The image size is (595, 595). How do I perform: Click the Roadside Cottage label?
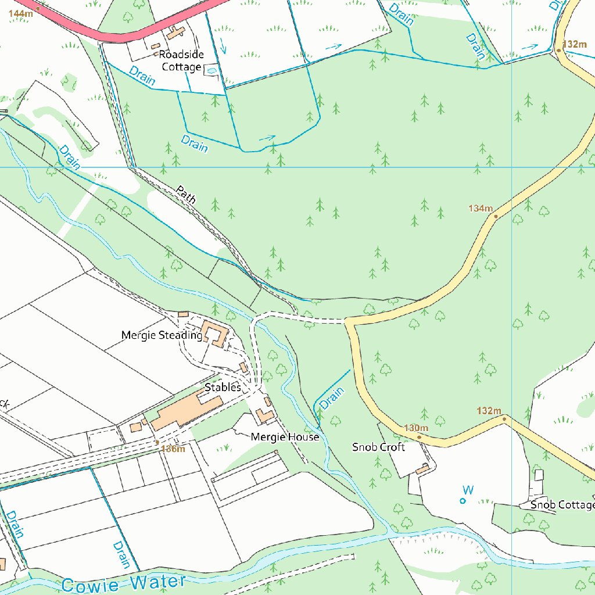pyautogui.click(x=181, y=61)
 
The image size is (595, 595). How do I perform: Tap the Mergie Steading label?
pyautogui.click(x=161, y=335)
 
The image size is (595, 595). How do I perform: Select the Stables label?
pyautogui.click(x=222, y=387)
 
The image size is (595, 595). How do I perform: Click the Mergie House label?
pyautogui.click(x=285, y=437)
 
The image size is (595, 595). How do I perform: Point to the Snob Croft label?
pyautogui.click(x=378, y=447)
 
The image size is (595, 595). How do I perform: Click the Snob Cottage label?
pyautogui.click(x=562, y=504)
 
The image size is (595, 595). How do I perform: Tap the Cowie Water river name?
pyautogui.click(x=123, y=583)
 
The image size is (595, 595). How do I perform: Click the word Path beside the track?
pyautogui.click(x=186, y=194)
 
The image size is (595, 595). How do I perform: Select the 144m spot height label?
pyautogui.click(x=20, y=13)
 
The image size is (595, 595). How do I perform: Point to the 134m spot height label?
pyautogui.click(x=481, y=208)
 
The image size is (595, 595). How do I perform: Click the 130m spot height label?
pyautogui.click(x=416, y=428)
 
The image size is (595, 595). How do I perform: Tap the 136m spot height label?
pyautogui.click(x=173, y=449)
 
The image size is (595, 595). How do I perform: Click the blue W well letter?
pyautogui.click(x=468, y=490)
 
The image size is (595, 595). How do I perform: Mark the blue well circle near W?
pyautogui.click(x=463, y=500)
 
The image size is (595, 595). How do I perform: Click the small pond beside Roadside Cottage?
pyautogui.click(x=212, y=71)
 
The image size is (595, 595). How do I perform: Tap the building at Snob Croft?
pyautogui.click(x=422, y=468)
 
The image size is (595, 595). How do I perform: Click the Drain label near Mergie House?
pyautogui.click(x=332, y=399)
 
